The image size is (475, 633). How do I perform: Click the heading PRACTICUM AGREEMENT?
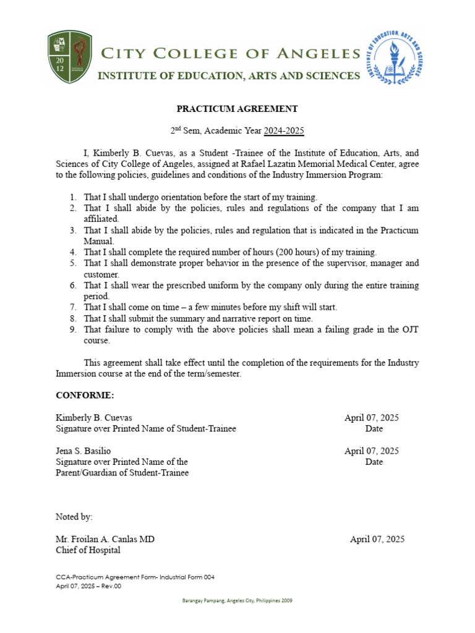point(237,109)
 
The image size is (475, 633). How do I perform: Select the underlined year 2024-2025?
point(284,131)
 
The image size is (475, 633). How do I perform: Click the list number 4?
point(72,252)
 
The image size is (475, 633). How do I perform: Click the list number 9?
point(72,329)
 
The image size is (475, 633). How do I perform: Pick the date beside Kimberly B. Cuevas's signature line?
point(371,418)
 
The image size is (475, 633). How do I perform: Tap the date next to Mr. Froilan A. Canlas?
point(377,539)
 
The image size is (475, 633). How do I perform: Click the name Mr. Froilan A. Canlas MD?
point(105,539)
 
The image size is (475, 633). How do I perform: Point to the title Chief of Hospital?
point(88,550)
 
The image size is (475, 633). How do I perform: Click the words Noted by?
point(74,517)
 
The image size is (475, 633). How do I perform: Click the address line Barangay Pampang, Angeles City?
point(237,601)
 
